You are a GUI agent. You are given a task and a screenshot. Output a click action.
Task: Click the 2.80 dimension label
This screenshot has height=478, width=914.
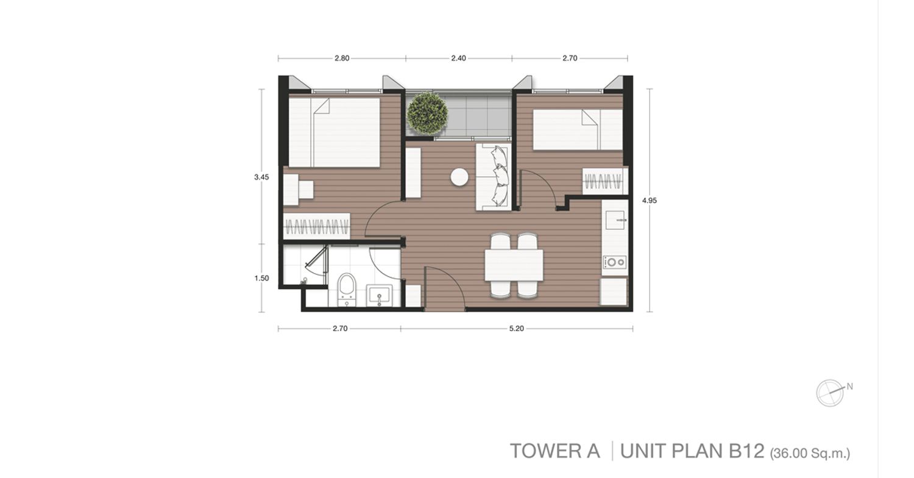pyautogui.click(x=342, y=59)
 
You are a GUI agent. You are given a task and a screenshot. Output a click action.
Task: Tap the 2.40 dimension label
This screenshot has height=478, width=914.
pyautogui.click(x=459, y=59)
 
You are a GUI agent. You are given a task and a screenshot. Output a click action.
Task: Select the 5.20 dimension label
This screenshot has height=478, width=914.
pyautogui.click(x=517, y=329)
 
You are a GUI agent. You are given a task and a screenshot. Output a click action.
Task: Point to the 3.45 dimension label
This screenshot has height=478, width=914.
pyautogui.click(x=261, y=177)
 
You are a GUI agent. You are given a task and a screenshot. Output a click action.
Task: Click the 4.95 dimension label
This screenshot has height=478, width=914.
pyautogui.click(x=650, y=201)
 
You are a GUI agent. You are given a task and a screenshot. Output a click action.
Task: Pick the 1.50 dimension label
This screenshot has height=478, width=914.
pyautogui.click(x=261, y=279)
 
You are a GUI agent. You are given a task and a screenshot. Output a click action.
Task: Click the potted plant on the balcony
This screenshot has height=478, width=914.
pyautogui.click(x=427, y=113)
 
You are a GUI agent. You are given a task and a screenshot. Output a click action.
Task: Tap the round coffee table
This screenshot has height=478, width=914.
pyautogui.click(x=459, y=177)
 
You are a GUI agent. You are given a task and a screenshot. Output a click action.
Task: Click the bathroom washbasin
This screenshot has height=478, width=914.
pyautogui.click(x=379, y=295)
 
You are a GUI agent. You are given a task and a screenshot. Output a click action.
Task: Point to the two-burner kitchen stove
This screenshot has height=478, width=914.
pyautogui.click(x=614, y=262)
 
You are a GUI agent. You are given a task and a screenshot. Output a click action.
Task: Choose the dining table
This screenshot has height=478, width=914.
pyautogui.click(x=514, y=265)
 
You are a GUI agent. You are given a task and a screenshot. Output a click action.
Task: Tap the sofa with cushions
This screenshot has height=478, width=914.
pyautogui.click(x=494, y=177)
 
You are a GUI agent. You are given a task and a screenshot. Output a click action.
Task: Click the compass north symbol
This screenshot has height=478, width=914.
pyautogui.click(x=830, y=393)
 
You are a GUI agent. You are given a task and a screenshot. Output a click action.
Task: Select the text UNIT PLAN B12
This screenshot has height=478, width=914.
pyautogui.click(x=692, y=451)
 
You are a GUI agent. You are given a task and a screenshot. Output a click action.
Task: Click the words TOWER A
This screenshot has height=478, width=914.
pyautogui.click(x=555, y=451)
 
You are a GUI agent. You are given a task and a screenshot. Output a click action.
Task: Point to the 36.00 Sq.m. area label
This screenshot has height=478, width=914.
pyautogui.click(x=810, y=454)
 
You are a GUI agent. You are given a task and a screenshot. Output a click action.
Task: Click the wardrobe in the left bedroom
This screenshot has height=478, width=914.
pyautogui.click(x=317, y=226)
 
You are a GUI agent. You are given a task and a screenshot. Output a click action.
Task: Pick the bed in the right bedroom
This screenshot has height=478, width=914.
pyautogui.click(x=578, y=129)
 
